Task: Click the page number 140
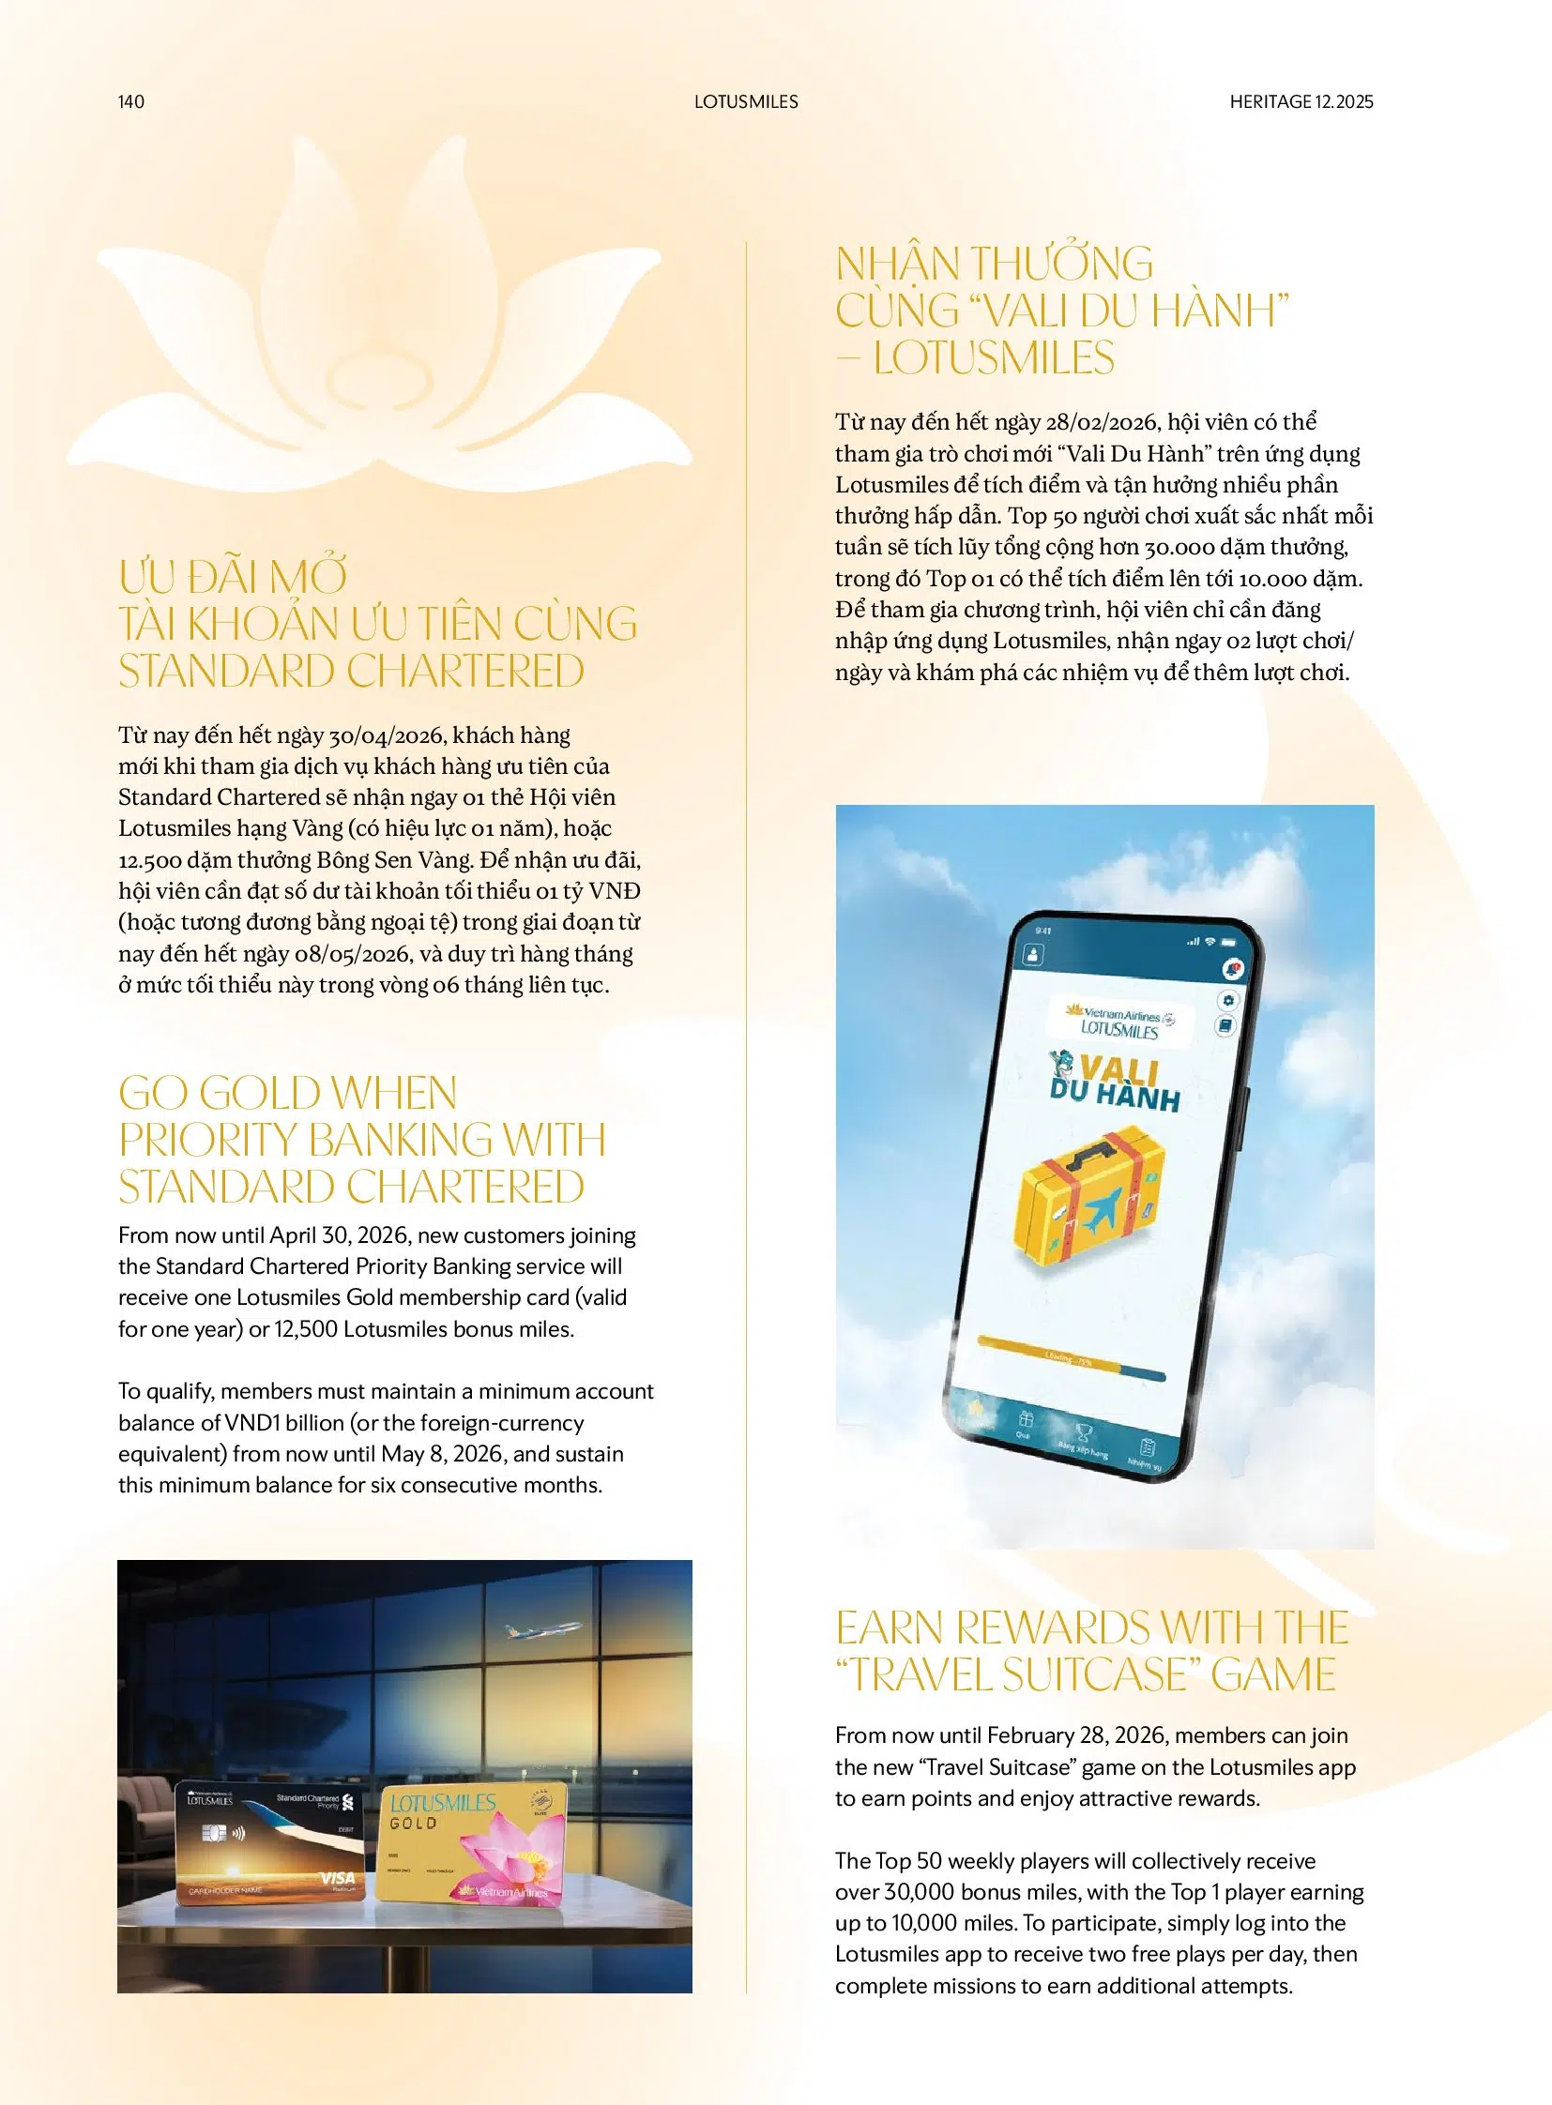[x=131, y=101]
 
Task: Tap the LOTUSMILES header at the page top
[x=746, y=101]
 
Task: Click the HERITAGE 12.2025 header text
[x=1301, y=101]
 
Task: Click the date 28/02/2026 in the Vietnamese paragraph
[x=1101, y=423]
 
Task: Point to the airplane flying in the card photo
[x=543, y=1628]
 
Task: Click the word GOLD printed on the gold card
[x=414, y=1824]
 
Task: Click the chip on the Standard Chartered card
[x=215, y=1833]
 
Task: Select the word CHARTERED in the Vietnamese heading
[x=466, y=672]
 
